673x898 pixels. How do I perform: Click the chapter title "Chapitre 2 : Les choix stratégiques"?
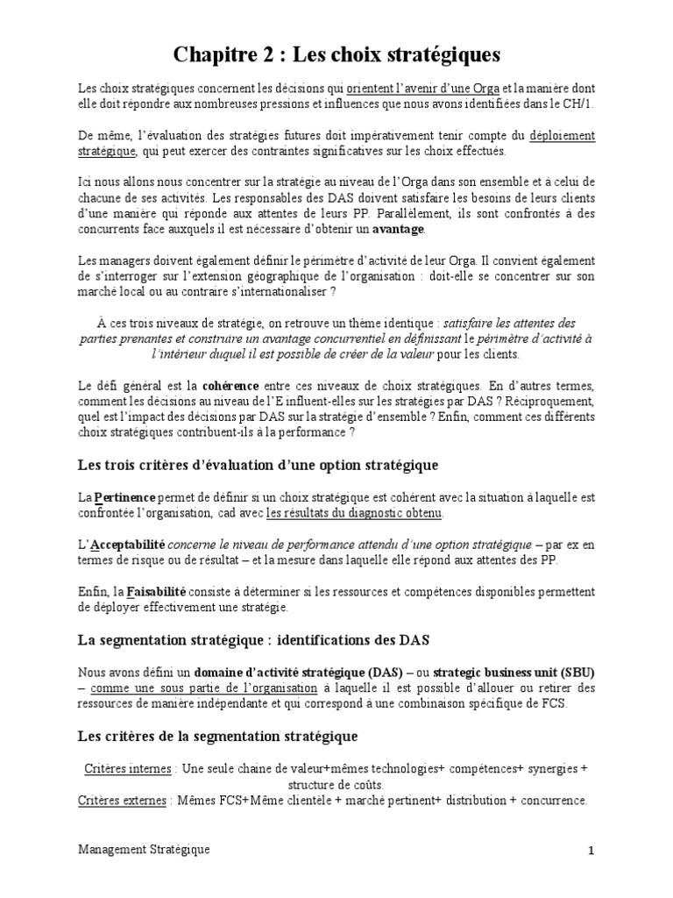[336, 56]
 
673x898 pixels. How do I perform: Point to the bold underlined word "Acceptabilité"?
[134, 545]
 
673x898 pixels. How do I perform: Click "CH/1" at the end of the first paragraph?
[578, 103]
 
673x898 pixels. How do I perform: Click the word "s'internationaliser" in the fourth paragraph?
[281, 292]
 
